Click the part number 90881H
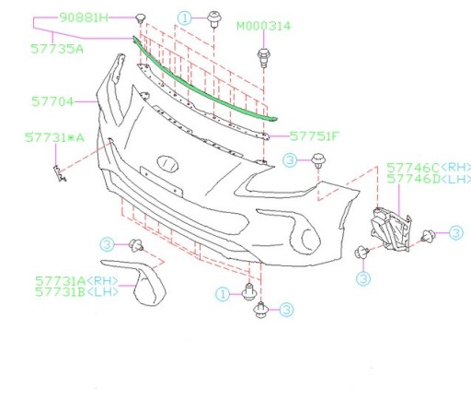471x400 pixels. click(x=84, y=18)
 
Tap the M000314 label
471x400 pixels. click(x=263, y=26)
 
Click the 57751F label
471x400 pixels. click(x=316, y=135)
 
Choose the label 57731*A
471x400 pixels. click(x=53, y=138)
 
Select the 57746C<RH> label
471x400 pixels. click(x=425, y=167)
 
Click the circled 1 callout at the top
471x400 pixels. click(x=185, y=18)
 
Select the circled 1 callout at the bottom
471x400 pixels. click(x=223, y=294)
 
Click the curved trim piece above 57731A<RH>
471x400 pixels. click(x=147, y=282)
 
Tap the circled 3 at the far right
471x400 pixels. click(x=455, y=233)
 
